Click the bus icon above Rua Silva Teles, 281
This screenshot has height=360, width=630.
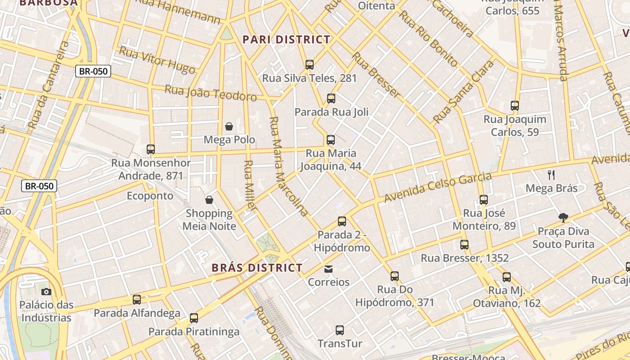point(310,64)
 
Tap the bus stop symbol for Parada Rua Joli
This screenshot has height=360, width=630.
point(331,98)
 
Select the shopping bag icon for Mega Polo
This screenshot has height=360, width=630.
point(229,126)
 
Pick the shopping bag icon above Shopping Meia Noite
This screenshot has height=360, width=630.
point(209,199)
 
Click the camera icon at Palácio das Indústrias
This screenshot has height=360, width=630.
point(46,292)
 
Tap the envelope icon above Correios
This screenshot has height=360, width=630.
point(328,269)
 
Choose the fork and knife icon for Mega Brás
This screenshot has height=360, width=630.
point(551,175)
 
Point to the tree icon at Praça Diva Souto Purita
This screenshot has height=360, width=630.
point(563,218)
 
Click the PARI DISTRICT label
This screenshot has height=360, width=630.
point(287,40)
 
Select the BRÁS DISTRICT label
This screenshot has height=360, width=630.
point(257,268)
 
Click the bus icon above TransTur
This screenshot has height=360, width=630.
point(340,330)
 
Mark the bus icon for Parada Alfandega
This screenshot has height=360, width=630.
point(137,299)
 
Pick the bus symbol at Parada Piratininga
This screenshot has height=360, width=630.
point(194,318)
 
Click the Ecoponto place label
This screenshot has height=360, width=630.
point(150,196)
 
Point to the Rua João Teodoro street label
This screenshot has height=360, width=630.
point(211,93)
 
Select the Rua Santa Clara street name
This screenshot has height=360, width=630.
point(463,92)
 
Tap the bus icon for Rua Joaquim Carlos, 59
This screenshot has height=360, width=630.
point(515,106)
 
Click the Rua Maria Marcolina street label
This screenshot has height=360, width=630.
point(288,166)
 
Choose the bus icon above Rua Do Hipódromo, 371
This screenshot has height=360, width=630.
point(395,276)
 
